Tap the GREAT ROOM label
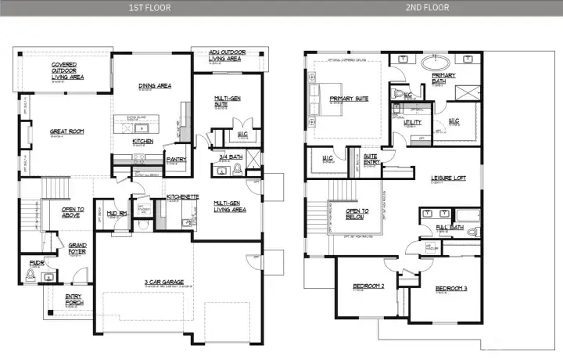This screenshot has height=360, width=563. [66, 131]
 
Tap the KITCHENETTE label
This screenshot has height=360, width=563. [182, 196]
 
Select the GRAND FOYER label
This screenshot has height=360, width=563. [77, 248]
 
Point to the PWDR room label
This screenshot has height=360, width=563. [36, 263]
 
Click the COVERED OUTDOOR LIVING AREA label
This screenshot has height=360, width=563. [67, 71]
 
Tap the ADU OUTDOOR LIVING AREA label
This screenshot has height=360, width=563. [224, 56]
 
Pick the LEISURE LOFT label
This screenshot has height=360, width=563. [448, 178]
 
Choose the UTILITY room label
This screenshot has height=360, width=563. [412, 122]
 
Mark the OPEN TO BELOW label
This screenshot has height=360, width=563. [357, 213]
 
